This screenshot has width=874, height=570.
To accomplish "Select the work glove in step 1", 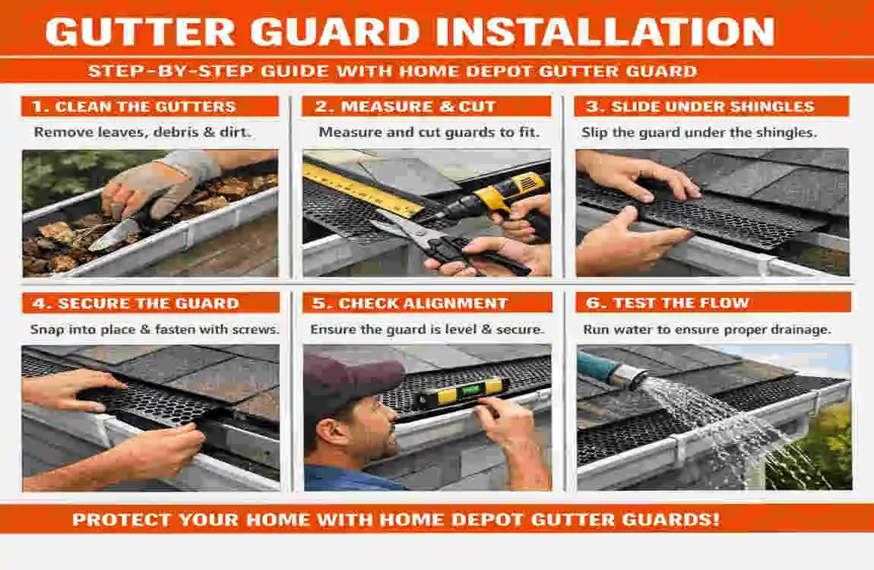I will pos(163,179).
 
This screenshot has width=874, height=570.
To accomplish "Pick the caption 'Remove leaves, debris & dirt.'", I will pos(143,132).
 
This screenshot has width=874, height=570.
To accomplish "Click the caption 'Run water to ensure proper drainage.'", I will pos(707,330).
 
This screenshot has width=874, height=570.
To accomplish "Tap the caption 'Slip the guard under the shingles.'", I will pos(699,132).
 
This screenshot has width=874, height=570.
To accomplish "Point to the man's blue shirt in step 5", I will pos(334,479).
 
